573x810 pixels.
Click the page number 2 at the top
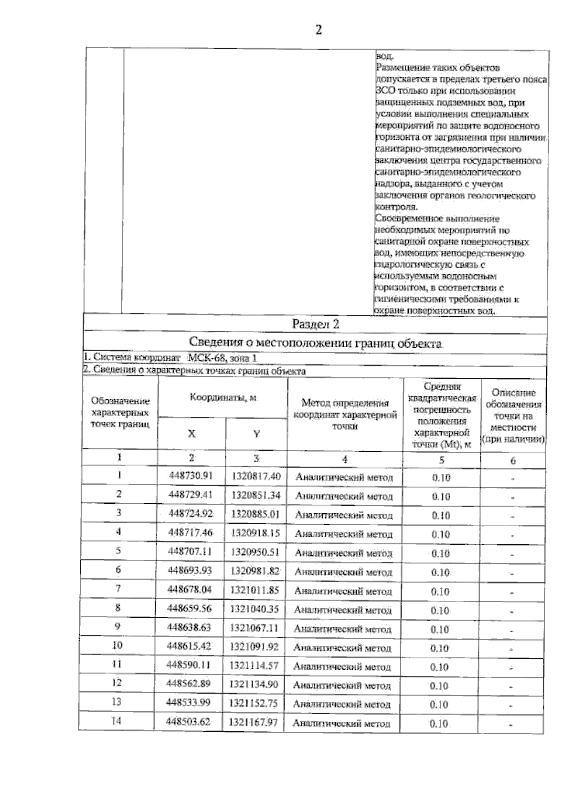point(318,30)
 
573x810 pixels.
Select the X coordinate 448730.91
point(191,476)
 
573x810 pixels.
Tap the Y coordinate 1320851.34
point(255,495)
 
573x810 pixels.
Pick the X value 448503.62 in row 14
point(188,722)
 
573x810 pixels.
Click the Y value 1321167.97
point(253,722)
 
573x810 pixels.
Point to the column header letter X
point(191,433)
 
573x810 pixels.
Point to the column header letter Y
point(256,434)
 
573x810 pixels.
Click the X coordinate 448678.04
point(190,589)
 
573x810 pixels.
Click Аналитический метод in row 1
point(344,478)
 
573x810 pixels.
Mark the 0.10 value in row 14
point(439,724)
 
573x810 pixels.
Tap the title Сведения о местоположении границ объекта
point(315,343)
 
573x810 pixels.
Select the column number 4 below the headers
point(344,459)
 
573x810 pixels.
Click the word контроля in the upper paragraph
point(397,207)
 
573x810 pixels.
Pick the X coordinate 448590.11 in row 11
point(189,665)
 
